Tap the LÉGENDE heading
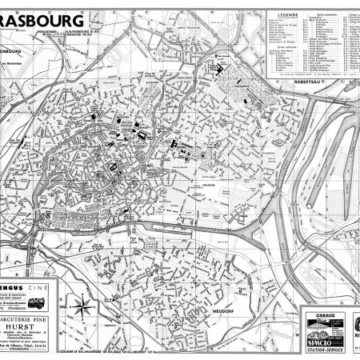click(x=288, y=15)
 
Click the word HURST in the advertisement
click(x=90, y=316)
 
